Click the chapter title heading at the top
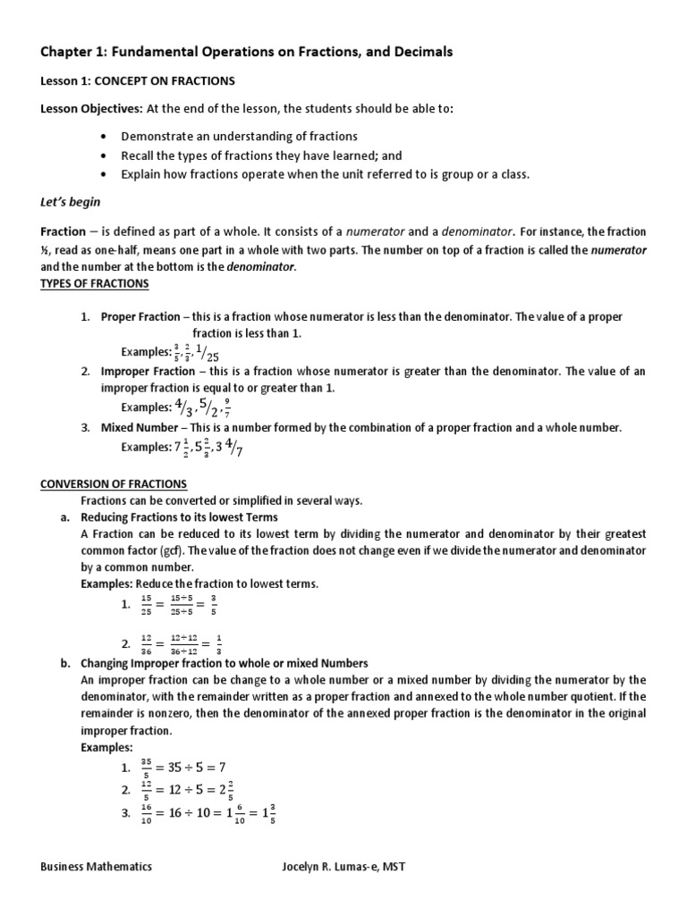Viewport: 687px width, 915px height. point(247,53)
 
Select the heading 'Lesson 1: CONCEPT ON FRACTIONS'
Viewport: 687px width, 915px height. point(138,81)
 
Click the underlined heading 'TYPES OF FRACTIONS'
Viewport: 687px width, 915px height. point(95,284)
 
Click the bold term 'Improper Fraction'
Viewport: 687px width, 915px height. point(147,371)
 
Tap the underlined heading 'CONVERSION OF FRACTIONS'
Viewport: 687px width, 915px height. point(114,484)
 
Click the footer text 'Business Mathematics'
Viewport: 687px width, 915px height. point(96,866)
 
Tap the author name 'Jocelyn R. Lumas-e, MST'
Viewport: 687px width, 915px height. point(343,866)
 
